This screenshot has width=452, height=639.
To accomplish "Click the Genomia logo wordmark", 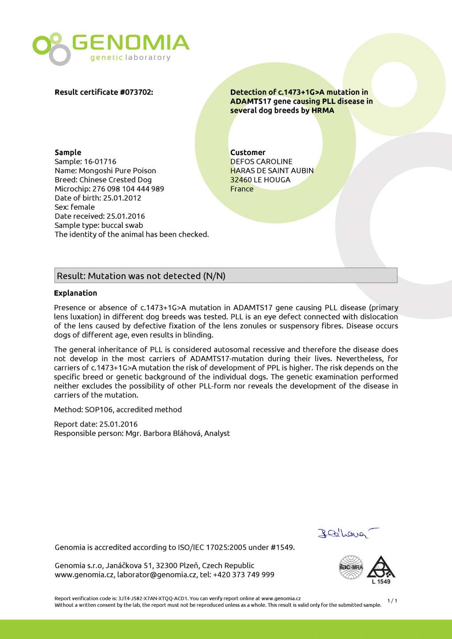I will pos(130,43).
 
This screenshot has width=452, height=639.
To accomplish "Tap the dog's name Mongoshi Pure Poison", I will pos(117,170).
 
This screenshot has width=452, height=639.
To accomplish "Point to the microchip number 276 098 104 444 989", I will pos(128,189).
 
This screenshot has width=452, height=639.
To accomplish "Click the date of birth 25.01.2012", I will pos(122,198).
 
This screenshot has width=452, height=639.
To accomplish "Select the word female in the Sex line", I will pos(83,207).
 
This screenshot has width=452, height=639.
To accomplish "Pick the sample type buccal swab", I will pos(122,225).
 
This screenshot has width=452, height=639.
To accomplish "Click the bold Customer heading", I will pos(248,152).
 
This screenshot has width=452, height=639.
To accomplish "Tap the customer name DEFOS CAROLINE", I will pos(261,162).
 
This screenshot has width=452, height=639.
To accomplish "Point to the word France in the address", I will pos(242,189).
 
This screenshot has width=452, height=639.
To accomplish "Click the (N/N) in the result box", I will pos(214,276).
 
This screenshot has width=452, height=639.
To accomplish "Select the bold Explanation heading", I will pos(75,293).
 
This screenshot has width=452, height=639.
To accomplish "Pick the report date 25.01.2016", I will pos(118,424).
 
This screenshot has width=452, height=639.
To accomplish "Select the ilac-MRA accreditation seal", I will pos(351,567).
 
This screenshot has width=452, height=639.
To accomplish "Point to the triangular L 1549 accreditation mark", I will pos(381,570).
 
